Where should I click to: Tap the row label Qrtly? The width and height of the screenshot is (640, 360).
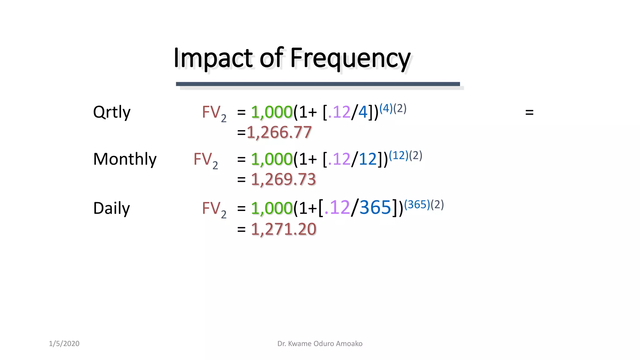pos(112,112)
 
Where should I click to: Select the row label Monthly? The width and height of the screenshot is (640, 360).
pos(125,159)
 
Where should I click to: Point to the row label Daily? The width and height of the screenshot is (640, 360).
pos(111,208)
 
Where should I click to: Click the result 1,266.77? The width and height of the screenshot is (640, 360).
pos(279,132)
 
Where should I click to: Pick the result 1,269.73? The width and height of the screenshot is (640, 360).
pos(283,180)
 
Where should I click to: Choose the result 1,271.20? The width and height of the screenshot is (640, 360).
pos(283,229)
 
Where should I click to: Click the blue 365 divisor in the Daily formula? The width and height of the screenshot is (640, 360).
pos(375,207)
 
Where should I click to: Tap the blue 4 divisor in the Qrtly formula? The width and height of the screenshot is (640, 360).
pos(363,112)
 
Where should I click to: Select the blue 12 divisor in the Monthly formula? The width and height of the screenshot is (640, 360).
pos(367,159)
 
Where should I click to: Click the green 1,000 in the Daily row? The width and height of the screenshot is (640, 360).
pos(272,208)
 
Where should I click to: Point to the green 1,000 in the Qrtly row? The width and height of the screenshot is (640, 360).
pos(272,112)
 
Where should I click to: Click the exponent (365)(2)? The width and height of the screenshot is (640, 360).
pos(424,205)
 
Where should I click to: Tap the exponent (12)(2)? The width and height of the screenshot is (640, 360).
pos(405,155)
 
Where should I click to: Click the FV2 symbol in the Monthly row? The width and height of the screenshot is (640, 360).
pos(205,160)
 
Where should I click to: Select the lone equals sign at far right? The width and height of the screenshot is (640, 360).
pos(529,112)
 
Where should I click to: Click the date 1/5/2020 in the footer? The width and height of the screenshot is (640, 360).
pos(64,343)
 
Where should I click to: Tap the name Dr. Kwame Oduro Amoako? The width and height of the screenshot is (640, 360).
pos(320,343)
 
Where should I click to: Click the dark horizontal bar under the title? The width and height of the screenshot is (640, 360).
pos(317,84)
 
